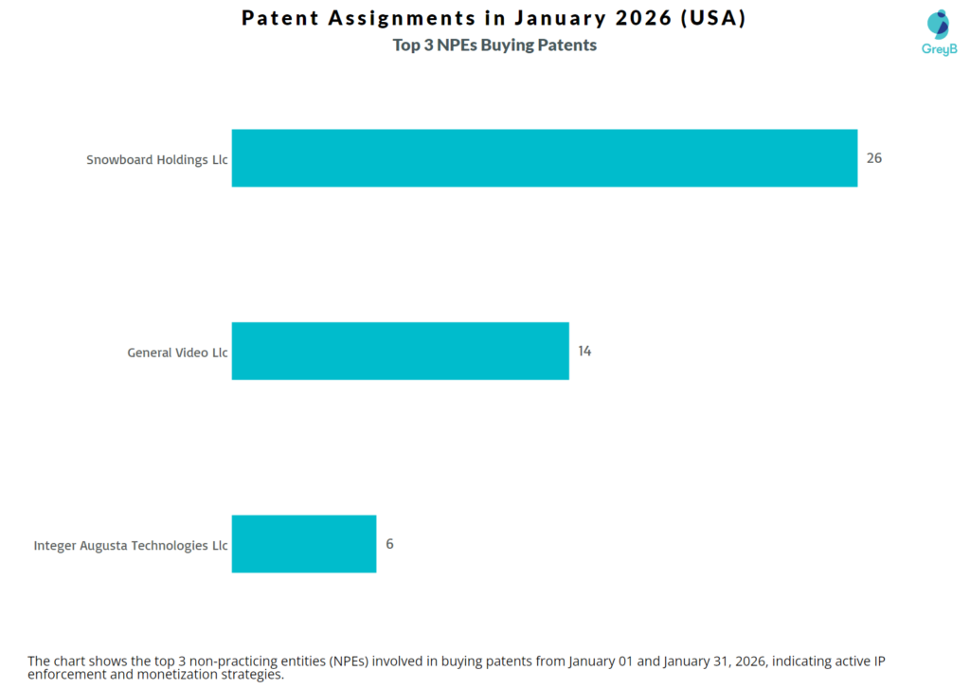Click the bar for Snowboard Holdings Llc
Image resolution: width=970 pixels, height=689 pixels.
[544, 158]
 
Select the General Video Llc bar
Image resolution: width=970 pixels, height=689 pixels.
[400, 351]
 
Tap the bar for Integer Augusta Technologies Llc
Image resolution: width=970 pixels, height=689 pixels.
[303, 544]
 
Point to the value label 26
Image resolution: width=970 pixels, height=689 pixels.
[873, 158]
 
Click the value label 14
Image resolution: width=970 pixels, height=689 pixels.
[584, 351]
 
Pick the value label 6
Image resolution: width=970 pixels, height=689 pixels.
[389, 544]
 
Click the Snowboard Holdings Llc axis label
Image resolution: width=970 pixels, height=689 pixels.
[156, 160]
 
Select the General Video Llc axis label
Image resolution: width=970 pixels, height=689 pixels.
[177, 353]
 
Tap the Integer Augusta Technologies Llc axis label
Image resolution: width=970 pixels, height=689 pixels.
[131, 546]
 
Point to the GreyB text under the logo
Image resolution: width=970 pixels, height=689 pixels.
[939, 48]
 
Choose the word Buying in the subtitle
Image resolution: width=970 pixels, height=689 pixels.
[512, 45]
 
